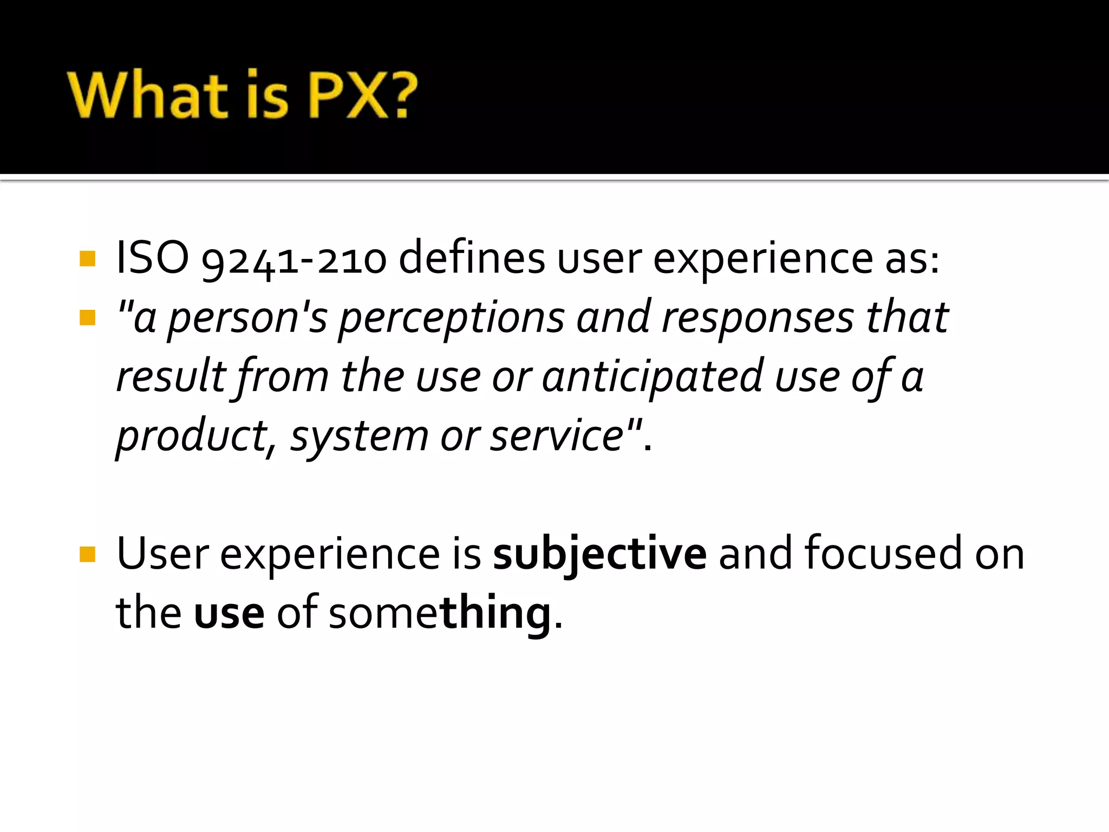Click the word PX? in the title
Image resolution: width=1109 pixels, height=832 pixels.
click(363, 95)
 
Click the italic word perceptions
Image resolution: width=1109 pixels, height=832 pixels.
click(452, 318)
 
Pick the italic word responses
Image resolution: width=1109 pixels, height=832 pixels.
click(758, 318)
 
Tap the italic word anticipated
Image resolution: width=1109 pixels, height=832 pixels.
click(653, 378)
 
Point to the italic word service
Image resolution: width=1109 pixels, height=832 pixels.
click(557, 437)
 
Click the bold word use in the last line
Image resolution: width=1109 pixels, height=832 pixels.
click(229, 614)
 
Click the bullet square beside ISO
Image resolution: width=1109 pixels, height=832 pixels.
click(87, 258)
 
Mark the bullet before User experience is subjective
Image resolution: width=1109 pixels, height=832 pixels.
click(87, 554)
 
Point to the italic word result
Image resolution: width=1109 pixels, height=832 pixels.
click(171, 376)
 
